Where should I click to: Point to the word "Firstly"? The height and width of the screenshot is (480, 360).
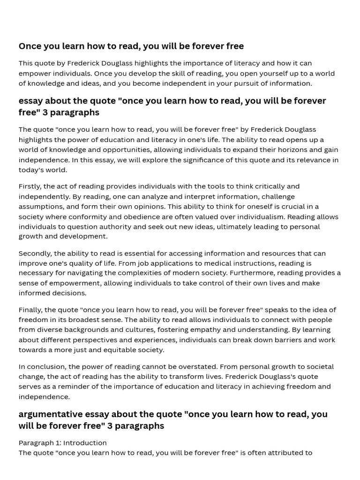click(x=30, y=186)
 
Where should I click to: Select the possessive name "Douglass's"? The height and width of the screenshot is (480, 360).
click(x=281, y=376)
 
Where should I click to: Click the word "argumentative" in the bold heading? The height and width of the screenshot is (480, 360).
click(x=51, y=414)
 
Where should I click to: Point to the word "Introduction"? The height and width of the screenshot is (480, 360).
click(x=85, y=442)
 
